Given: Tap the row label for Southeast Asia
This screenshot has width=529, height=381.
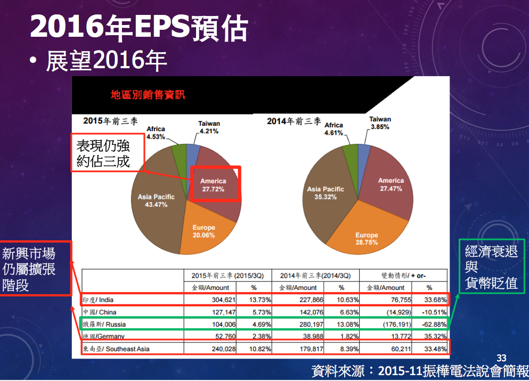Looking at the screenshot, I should pos(116,348).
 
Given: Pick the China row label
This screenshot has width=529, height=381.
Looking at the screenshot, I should pos(100,312).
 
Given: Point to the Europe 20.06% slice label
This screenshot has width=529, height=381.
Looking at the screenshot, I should pos(204,232).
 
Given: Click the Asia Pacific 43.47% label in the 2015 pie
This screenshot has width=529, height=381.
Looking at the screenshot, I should pos(156,201).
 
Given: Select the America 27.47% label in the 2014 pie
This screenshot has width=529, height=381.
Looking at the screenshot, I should pos(391,184).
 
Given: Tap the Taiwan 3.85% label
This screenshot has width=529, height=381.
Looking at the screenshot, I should pos(380,123).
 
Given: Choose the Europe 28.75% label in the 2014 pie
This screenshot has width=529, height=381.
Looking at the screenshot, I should pos(367,239).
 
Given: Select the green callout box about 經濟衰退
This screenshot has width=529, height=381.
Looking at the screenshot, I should pos(491,267).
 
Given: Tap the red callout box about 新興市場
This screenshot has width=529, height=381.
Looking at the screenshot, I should pos(36,269).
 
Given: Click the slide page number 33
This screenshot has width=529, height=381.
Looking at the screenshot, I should pos(501,359).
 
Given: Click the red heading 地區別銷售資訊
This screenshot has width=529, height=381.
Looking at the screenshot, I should pos(148,95).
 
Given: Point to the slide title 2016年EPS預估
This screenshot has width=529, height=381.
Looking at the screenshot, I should pos(139,27).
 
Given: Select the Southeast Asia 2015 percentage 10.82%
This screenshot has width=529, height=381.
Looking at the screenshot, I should pos(261,348).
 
